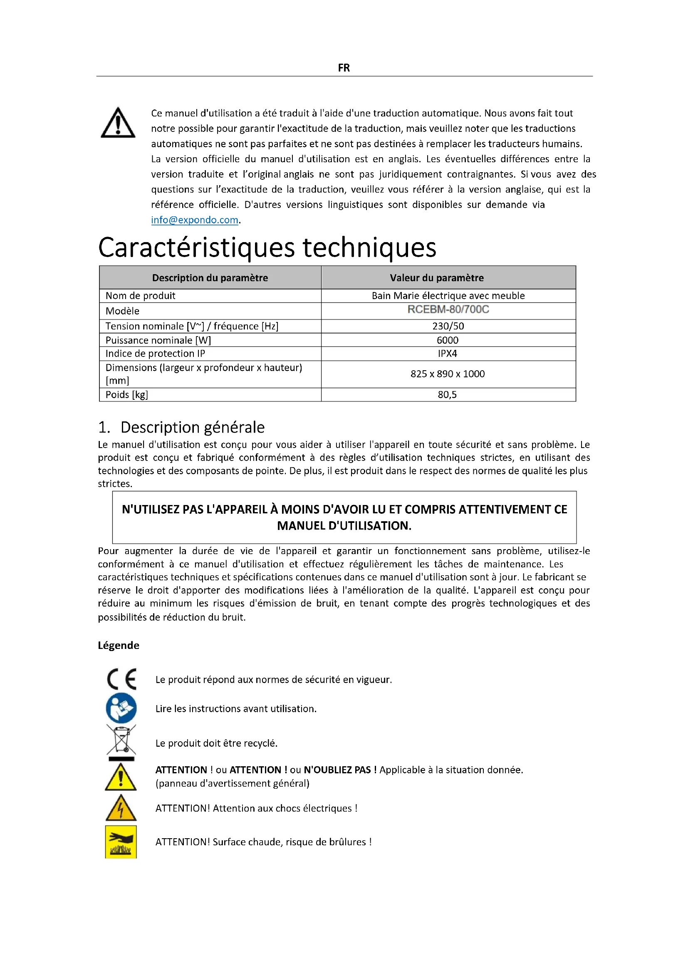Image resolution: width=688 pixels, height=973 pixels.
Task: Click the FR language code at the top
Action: (344, 68)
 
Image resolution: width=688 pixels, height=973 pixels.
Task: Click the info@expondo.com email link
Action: (194, 220)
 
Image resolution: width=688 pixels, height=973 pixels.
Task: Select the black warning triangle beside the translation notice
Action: (118, 123)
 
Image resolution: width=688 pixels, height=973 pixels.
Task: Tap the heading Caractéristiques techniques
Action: (267, 248)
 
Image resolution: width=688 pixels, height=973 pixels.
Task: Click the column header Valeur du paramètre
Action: (436, 278)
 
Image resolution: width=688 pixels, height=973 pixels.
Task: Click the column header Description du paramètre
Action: (210, 278)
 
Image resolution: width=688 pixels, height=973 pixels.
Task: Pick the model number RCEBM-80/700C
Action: (448, 309)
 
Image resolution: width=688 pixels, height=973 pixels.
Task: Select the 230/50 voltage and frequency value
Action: (448, 326)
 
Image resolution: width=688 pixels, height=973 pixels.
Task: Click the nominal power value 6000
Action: (448, 340)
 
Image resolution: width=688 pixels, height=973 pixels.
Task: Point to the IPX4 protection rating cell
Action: (448, 354)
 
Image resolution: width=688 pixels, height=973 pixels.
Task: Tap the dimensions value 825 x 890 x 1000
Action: (448, 374)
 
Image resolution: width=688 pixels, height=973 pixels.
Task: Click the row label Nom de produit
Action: (140, 296)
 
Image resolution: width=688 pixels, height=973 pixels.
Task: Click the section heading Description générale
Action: (192, 427)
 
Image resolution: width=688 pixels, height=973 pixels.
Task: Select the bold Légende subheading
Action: (119, 645)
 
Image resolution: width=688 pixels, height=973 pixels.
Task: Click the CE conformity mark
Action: (121, 679)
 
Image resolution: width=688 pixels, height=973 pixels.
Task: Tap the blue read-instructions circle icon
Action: (121, 708)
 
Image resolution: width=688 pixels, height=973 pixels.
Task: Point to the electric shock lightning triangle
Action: (121, 808)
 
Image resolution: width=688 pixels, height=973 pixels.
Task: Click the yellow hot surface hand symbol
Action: (121, 842)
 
